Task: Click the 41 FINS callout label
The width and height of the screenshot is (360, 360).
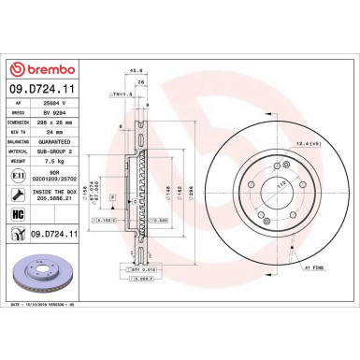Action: (x=313, y=268)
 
